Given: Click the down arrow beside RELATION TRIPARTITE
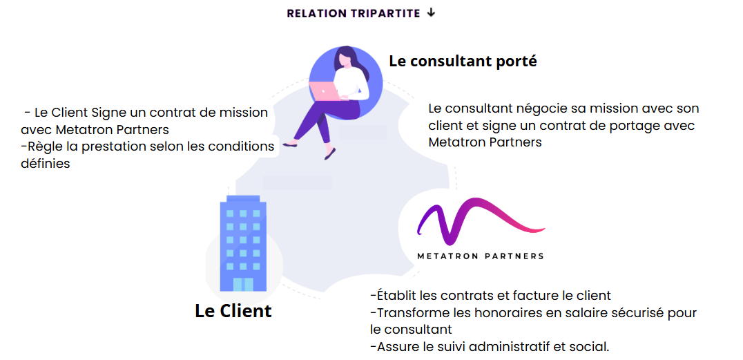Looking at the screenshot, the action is [431, 13].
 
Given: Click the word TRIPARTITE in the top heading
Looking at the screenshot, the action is [386, 13].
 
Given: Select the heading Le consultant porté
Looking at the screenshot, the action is [463, 61].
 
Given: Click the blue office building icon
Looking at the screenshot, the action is [243, 243].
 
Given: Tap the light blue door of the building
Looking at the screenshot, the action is [243, 284].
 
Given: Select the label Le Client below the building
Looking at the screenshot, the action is [233, 311].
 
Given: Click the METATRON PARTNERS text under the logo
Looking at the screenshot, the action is [481, 256].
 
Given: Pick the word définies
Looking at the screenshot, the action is [46, 164].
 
